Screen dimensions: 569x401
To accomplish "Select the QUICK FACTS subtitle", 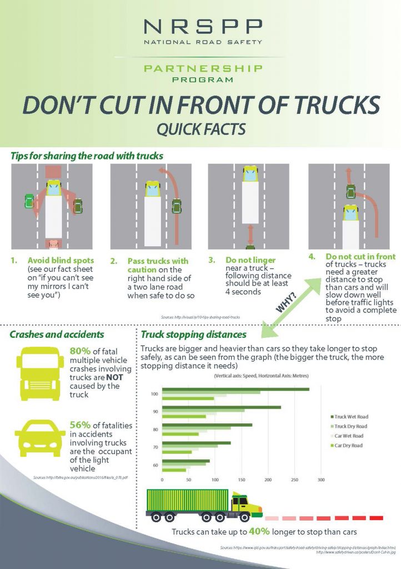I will pyautogui.click(x=200, y=130).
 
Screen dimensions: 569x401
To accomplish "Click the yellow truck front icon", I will pyautogui.click(x=37, y=373).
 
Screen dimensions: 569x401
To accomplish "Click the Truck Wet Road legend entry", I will pyautogui.click(x=350, y=416).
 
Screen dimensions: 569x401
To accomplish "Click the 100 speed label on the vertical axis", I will pyautogui.click(x=155, y=394).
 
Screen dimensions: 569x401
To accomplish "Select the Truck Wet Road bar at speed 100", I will pyautogui.click(x=235, y=389).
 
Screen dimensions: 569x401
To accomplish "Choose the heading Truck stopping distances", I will pyautogui.click(x=194, y=335).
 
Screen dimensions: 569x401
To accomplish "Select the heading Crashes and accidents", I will pyautogui.click(x=57, y=335).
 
